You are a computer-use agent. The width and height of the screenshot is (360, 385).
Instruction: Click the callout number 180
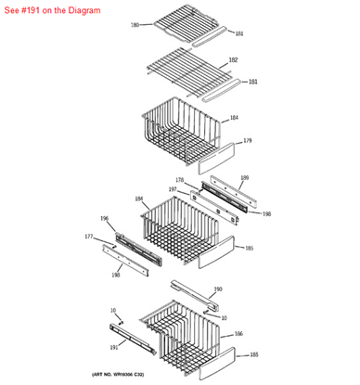(x=135, y=25)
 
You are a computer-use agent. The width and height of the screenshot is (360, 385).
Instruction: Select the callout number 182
(x=233, y=59)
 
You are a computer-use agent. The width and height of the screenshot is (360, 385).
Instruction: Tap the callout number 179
(x=248, y=140)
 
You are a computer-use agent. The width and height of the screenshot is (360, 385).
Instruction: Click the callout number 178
(x=180, y=180)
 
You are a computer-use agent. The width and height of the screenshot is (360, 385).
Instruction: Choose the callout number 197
(x=172, y=189)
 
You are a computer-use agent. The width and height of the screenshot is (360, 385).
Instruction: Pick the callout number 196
(x=104, y=219)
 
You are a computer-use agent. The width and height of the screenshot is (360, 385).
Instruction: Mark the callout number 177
(x=88, y=237)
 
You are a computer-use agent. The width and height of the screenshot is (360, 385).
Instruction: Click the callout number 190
(x=218, y=289)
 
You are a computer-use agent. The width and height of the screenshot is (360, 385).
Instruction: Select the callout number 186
(x=238, y=333)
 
